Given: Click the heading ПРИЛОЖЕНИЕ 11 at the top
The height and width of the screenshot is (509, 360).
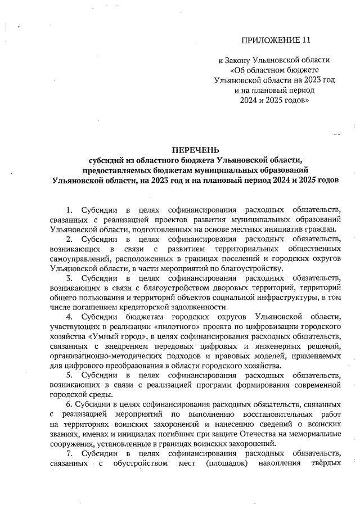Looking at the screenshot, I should click(276, 40).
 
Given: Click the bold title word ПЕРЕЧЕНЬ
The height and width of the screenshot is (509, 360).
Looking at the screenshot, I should click(193, 150).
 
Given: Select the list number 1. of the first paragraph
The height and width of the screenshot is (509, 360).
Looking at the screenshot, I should click(70, 209).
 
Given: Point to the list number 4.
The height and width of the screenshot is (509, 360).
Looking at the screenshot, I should click(70, 317).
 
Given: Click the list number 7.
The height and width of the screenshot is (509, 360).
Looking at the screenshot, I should click(70, 453).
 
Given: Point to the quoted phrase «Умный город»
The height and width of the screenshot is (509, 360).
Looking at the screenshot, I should click(93, 336).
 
